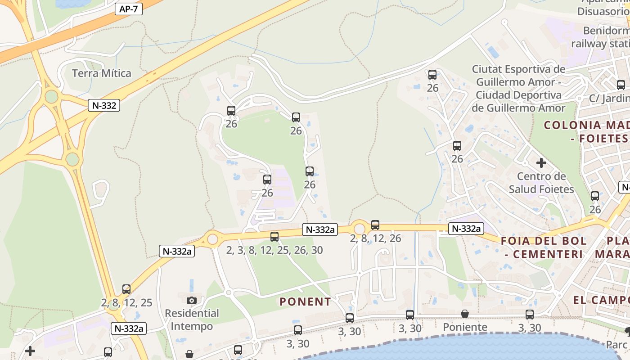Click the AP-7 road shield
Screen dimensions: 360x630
[128, 9]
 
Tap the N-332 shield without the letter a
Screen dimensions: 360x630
[104, 106]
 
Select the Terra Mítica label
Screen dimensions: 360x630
[102, 73]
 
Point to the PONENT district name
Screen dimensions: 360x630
[305, 301]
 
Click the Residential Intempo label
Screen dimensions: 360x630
[192, 319]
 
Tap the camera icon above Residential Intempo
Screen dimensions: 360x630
[192, 300]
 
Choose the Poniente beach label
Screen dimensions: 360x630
[465, 327]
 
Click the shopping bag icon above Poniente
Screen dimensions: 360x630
[465, 314]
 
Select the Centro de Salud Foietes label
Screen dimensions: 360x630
[541, 182]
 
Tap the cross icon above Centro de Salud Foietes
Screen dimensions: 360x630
[541, 162]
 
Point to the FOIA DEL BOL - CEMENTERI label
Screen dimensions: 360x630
[544, 247]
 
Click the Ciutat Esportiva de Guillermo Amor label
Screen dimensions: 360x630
[518, 89]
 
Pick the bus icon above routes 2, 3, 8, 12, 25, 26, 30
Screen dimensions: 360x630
[274, 237]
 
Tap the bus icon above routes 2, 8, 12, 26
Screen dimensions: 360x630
[375, 225]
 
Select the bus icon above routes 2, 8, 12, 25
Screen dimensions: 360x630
[126, 289]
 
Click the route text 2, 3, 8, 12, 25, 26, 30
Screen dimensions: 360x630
[274, 250]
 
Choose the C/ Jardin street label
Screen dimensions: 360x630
[609, 98]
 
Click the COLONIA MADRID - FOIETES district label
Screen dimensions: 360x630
[587, 131]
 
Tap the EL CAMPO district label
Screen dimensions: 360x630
[601, 300]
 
